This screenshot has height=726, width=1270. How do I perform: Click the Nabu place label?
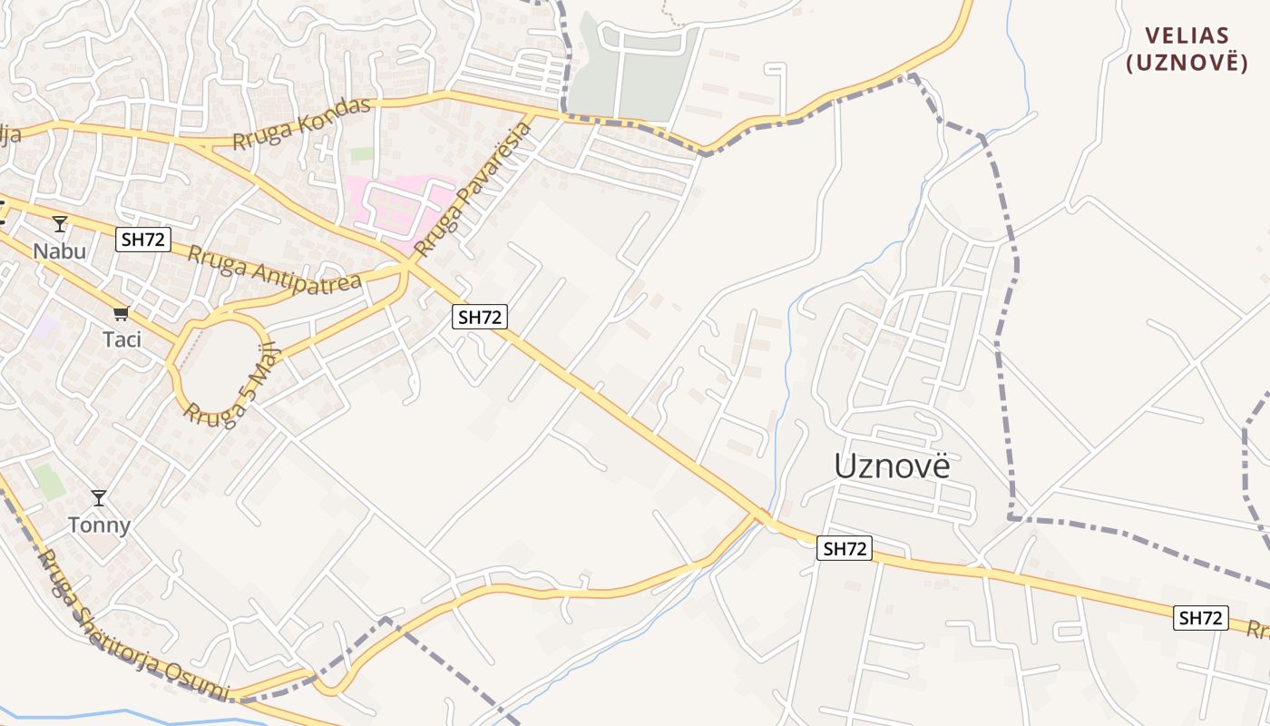pyautogui.click(x=60, y=250)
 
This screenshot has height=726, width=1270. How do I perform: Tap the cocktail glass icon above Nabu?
pyautogui.click(x=60, y=223)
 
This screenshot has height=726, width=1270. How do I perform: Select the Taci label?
pyautogui.click(x=122, y=339)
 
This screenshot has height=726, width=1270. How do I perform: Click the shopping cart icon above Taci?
pyautogui.click(x=121, y=314)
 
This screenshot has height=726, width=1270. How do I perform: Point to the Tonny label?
pyautogui.click(x=100, y=525)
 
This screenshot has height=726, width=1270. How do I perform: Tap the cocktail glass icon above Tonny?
pyautogui.click(x=99, y=498)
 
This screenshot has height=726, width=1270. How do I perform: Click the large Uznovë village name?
pyautogui.click(x=893, y=466)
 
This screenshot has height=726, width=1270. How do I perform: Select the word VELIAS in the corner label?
pyautogui.click(x=1187, y=36)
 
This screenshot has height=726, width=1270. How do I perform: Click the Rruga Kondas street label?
pyautogui.click(x=301, y=123)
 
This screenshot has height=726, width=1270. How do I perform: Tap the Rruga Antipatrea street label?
pyautogui.click(x=275, y=268)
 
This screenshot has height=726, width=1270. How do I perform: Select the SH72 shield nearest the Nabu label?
pyautogui.click(x=143, y=240)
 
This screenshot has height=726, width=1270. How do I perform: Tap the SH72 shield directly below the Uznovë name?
pyautogui.click(x=845, y=548)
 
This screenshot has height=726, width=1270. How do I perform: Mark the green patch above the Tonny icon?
pyautogui.click(x=49, y=481)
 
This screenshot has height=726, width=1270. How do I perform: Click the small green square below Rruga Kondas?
pyautogui.click(x=362, y=153)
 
